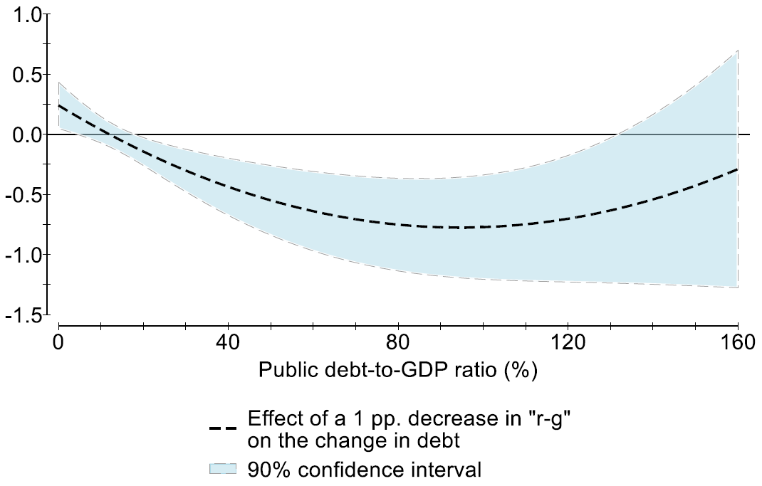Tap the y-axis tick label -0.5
point(23,195)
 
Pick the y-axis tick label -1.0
point(23,255)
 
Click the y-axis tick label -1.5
point(23,315)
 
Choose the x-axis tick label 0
point(58,344)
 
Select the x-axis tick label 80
point(398,344)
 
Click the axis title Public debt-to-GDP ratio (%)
point(397,371)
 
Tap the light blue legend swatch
point(222,469)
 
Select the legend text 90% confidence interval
point(365,470)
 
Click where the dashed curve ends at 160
point(738,169)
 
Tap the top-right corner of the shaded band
point(738,51)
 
